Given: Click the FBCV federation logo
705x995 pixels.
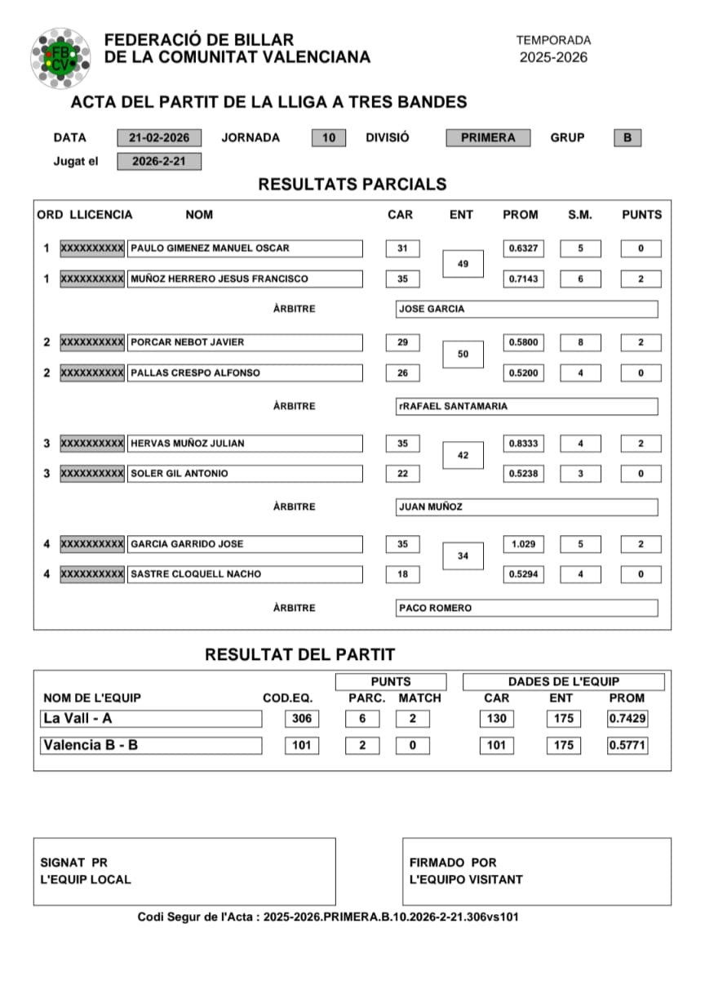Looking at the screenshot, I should [60, 57].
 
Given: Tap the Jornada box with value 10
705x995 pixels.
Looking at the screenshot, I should [328, 138].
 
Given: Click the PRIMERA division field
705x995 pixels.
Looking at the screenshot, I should [488, 138].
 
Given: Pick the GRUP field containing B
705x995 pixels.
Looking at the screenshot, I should [627, 138].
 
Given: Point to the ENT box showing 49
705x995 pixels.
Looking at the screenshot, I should [463, 264].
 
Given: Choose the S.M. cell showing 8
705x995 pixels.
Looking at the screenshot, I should [580, 342].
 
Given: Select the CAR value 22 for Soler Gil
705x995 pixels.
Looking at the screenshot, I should [402, 474].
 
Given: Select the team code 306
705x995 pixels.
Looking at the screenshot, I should [301, 719].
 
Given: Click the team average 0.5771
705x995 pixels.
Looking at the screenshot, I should [627, 745].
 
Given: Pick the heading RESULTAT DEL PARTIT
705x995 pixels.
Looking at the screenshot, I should [299, 654].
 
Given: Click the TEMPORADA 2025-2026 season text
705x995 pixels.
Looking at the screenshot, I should [553, 49].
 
